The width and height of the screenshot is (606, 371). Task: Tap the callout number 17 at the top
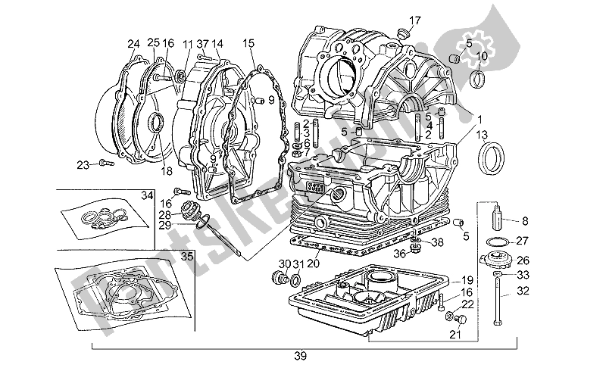[x=414, y=20]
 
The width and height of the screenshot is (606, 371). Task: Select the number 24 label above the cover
[x=133, y=43]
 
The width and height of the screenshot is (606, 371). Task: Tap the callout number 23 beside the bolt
[x=83, y=164]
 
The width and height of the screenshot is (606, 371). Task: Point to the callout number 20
[x=312, y=263]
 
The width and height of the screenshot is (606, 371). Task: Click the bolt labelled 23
[x=105, y=161]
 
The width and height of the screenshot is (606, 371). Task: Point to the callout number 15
[x=248, y=43]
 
